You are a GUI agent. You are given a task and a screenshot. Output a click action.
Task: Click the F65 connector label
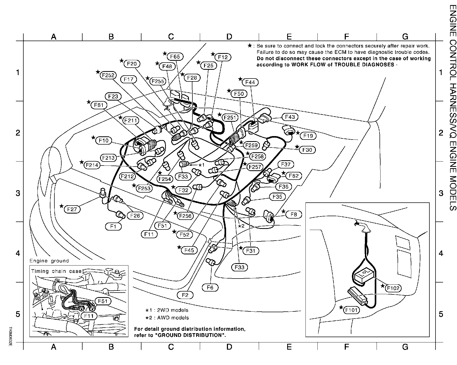175,57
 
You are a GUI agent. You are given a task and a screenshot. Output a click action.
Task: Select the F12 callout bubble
223,57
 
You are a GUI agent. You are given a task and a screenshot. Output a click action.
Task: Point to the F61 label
99,105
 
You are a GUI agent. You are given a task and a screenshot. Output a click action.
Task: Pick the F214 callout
92,165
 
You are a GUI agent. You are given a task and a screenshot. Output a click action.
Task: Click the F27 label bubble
72,209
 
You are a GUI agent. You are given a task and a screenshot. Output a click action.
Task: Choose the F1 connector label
113,227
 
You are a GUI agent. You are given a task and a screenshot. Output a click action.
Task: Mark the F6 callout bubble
210,287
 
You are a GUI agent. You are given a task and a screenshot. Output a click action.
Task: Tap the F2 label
185,295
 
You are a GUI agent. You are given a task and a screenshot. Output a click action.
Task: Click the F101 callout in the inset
351,310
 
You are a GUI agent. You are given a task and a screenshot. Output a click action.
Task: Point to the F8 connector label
294,214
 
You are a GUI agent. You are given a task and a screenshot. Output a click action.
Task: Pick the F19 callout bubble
308,136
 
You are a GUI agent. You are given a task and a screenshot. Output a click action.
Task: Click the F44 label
250,82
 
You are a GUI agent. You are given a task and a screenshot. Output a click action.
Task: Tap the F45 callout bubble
189,250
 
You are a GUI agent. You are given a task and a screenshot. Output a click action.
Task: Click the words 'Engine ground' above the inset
49,261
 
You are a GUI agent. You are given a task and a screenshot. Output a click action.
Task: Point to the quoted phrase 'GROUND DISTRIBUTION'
188,335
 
